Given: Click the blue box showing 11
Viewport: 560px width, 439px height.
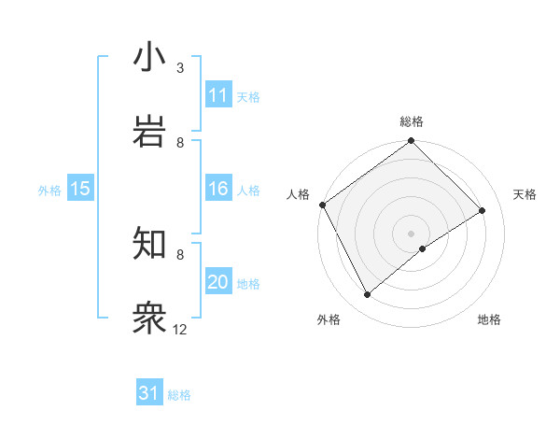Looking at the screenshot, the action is tap(218, 95).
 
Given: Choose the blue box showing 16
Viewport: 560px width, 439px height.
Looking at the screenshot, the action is tap(218, 189).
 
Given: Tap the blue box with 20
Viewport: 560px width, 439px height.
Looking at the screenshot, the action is tap(218, 282).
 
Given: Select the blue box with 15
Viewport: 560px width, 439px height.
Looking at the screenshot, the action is tap(80, 189).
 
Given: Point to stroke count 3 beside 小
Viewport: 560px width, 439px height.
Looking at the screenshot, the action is tap(180, 68).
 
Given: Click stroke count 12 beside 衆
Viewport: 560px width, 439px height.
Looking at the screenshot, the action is tap(180, 329).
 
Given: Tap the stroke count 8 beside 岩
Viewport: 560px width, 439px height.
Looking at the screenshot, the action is tap(180, 142).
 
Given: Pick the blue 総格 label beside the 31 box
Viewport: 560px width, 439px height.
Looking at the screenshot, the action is tap(179, 395).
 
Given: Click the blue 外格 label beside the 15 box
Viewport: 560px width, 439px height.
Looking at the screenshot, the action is tap(49, 191).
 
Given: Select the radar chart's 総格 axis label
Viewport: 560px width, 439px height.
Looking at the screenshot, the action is tap(412, 121).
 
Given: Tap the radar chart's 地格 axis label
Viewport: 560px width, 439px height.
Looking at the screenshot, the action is tap(489, 319).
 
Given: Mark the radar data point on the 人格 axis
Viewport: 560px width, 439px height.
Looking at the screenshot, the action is tap(322, 205).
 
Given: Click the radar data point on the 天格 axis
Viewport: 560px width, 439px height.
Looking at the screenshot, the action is tap(483, 210).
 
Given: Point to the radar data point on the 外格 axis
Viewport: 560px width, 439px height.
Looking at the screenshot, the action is tap(368, 295).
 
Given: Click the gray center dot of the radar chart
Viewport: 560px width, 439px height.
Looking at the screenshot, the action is tap(411, 233).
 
